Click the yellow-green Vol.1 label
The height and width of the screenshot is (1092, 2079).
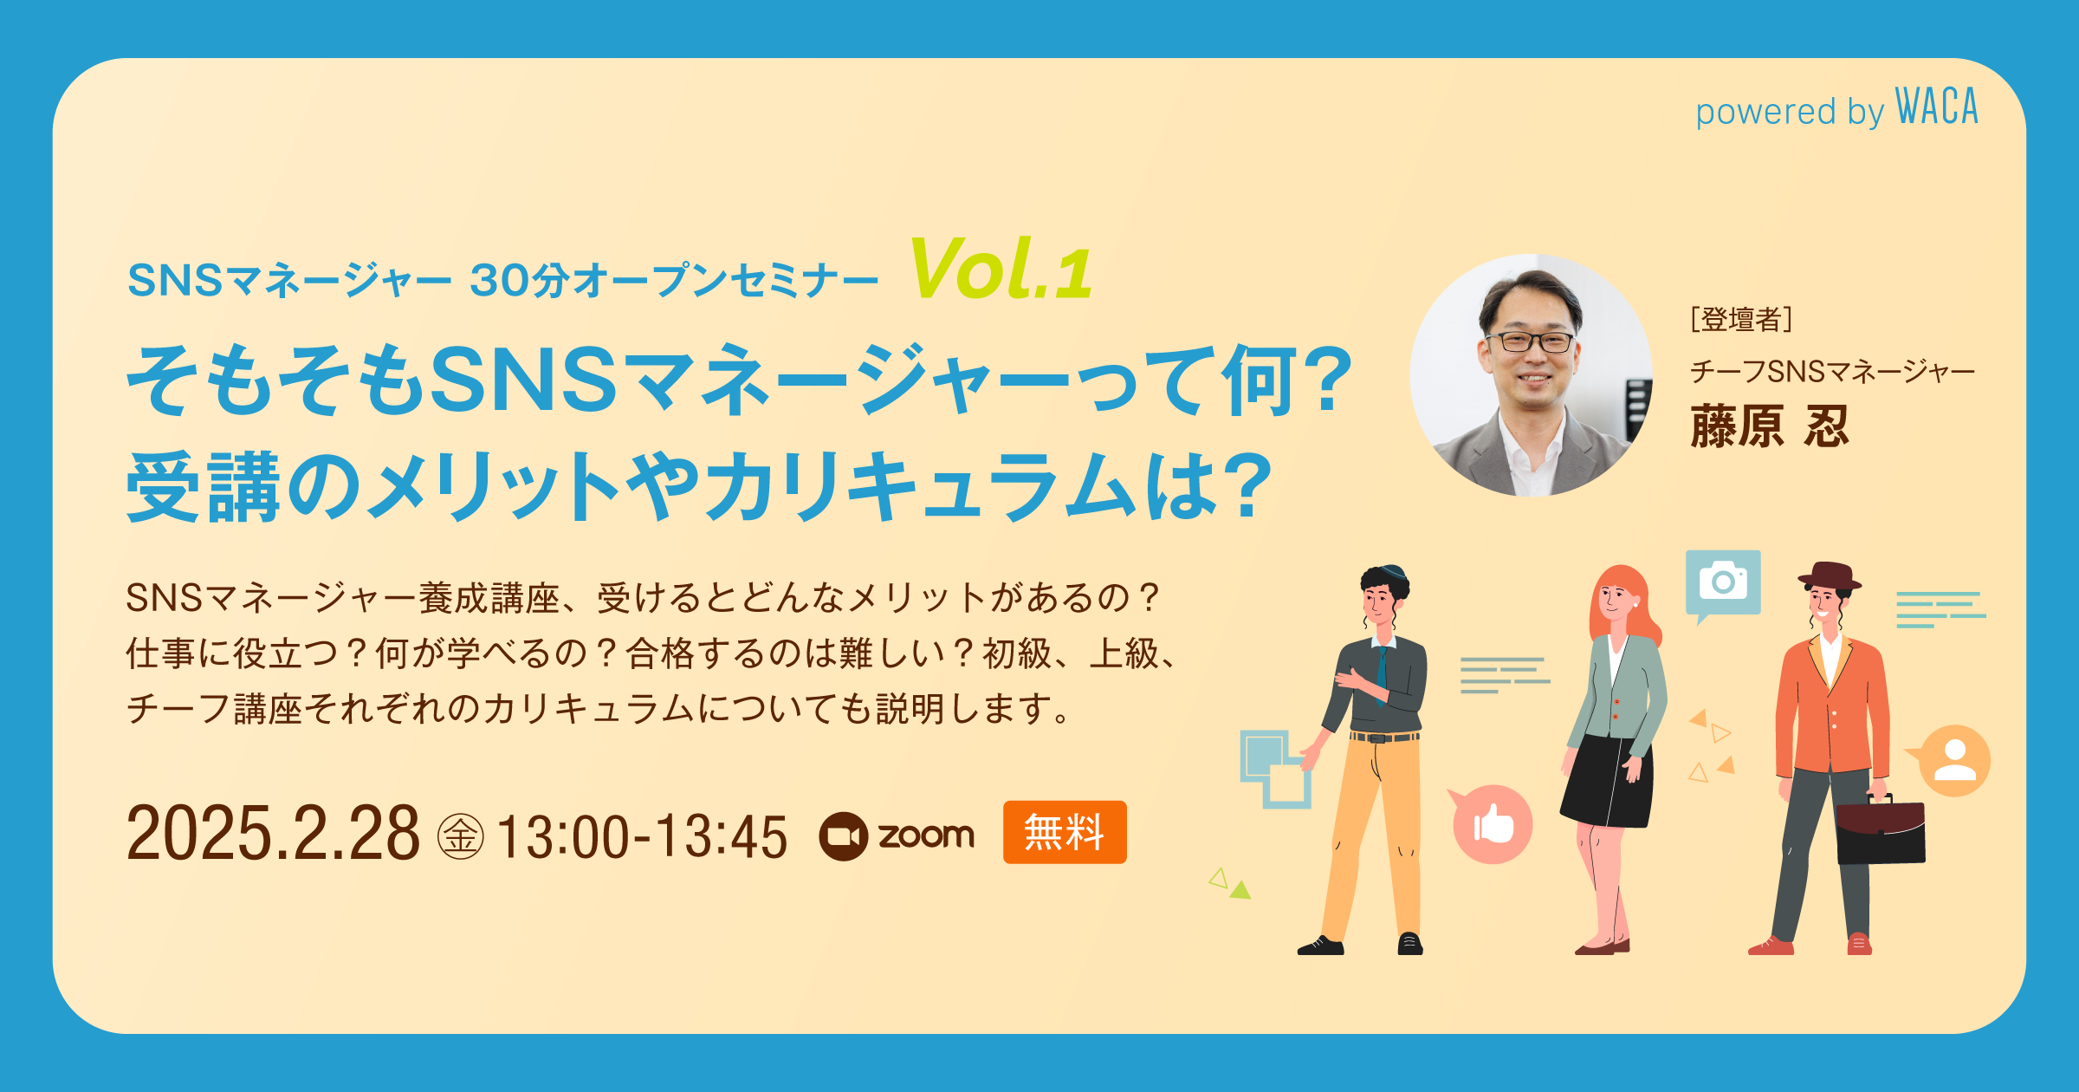(x=1001, y=270)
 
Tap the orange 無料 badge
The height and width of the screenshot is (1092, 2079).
(x=1064, y=832)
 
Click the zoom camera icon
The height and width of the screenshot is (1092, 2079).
(x=843, y=836)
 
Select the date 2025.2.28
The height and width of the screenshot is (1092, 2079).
(x=273, y=834)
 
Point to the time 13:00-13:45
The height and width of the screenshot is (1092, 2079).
(x=642, y=837)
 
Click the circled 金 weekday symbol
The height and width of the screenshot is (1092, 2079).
(x=460, y=836)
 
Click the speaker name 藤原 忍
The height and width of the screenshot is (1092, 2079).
(x=1770, y=426)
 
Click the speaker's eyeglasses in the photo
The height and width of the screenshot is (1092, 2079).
(x=1530, y=341)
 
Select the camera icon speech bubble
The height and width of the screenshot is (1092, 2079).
(x=1722, y=582)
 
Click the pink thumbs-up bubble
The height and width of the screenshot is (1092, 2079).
(x=1492, y=824)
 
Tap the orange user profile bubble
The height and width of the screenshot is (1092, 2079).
(x=1954, y=760)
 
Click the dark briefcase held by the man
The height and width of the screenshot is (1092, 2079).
(x=1881, y=832)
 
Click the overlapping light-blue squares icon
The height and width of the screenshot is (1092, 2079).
(x=1274, y=768)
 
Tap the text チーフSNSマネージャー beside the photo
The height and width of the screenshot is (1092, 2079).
(x=1832, y=372)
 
